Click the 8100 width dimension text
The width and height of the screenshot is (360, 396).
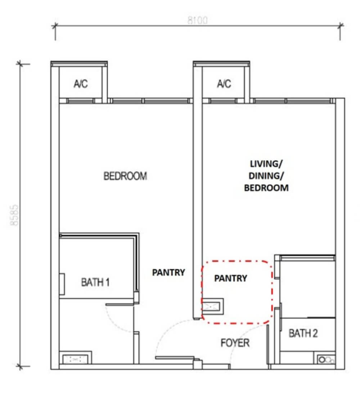point(198,20)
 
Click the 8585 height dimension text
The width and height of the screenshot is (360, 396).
point(14,215)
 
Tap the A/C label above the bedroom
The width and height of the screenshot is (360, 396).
point(81,84)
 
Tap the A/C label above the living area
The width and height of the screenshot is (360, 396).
point(224,84)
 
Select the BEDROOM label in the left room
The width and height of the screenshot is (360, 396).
point(125,176)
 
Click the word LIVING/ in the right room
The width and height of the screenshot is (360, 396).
point(266,164)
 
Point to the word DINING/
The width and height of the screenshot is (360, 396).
point(266,176)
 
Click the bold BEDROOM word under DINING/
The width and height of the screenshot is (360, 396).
point(266,188)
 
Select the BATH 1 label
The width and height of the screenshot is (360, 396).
point(95,282)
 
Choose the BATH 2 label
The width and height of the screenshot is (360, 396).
point(303,333)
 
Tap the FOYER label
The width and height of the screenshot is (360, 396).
point(235,343)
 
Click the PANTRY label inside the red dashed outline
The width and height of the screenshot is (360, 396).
point(231,278)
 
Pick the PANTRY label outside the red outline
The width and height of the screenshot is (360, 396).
point(168,273)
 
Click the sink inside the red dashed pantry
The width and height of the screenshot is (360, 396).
point(213,307)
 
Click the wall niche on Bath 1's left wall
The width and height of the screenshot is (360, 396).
point(62,284)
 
